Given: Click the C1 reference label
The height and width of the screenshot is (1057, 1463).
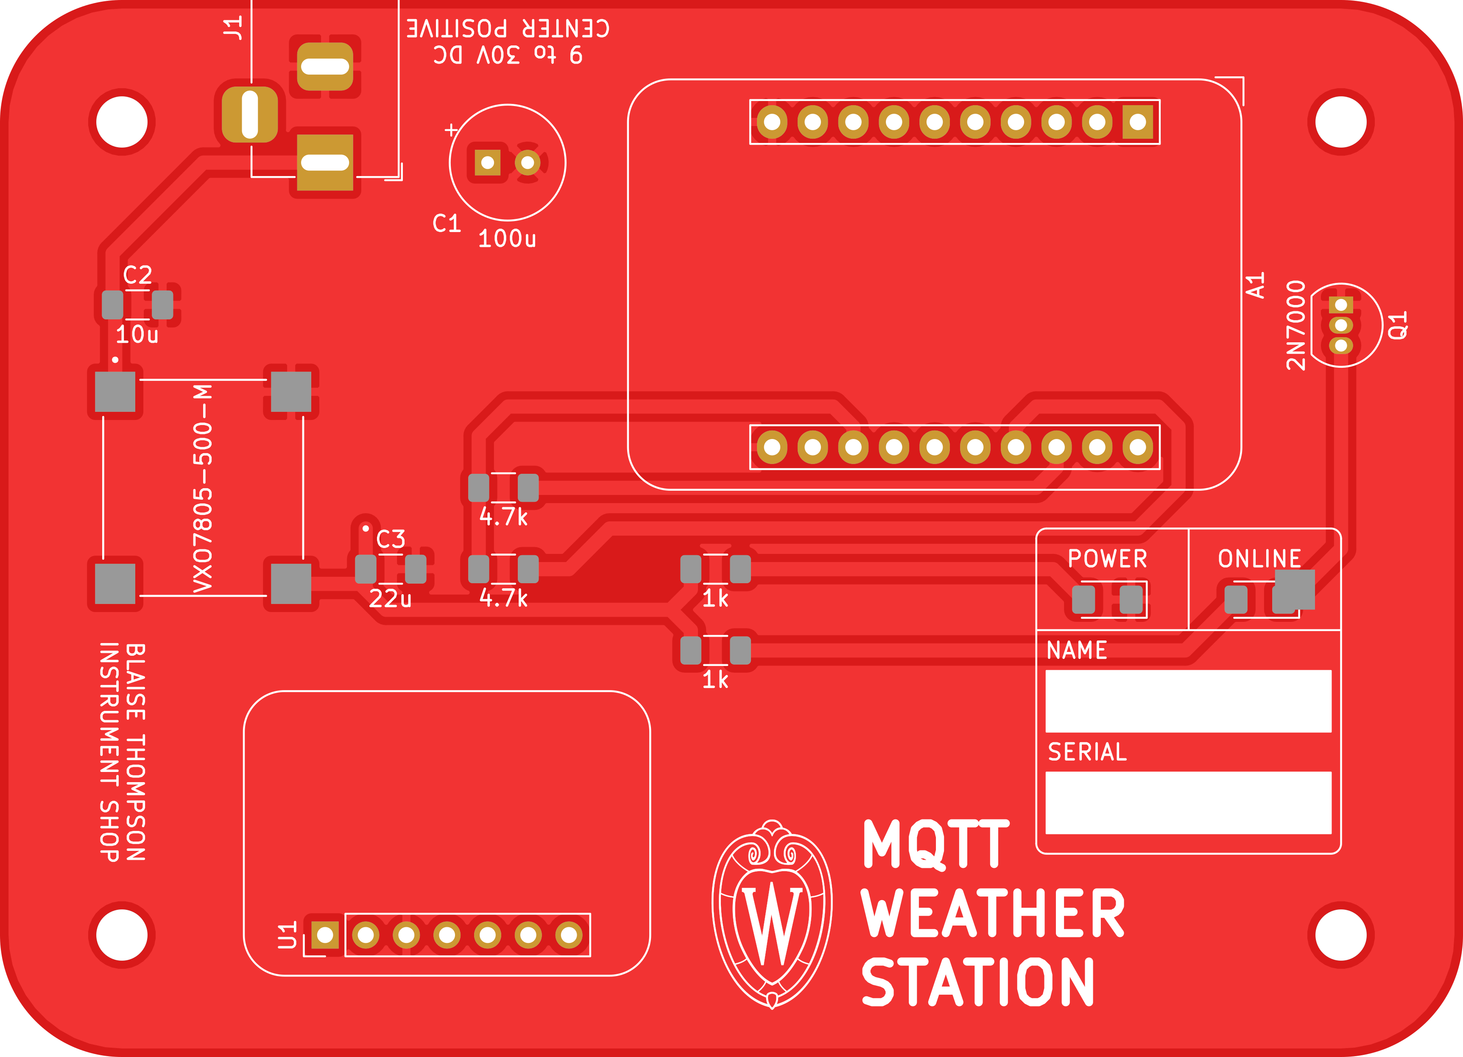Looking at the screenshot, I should coord(447,223).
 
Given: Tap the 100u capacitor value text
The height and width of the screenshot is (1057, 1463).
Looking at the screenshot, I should coord(507,239).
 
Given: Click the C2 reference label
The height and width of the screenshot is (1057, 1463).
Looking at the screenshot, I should coord(137,276).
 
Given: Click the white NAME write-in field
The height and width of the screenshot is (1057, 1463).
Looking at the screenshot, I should coord(1188,701).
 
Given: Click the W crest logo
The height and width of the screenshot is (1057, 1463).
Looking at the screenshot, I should coord(772,914).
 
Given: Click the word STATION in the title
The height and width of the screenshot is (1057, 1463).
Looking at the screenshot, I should coord(978,982).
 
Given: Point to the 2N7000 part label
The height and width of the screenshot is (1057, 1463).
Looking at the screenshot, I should coord(1295,325).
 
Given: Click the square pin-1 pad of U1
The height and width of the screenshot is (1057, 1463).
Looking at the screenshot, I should coord(325,934).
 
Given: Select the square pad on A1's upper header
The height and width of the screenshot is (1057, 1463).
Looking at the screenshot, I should coord(1138,122).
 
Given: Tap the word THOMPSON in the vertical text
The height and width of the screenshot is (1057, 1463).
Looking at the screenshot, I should coord(135,797).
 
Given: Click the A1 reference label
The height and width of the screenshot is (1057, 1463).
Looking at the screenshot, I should coord(1255,285).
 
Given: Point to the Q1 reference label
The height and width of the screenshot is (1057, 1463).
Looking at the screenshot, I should coord(1397,325).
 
